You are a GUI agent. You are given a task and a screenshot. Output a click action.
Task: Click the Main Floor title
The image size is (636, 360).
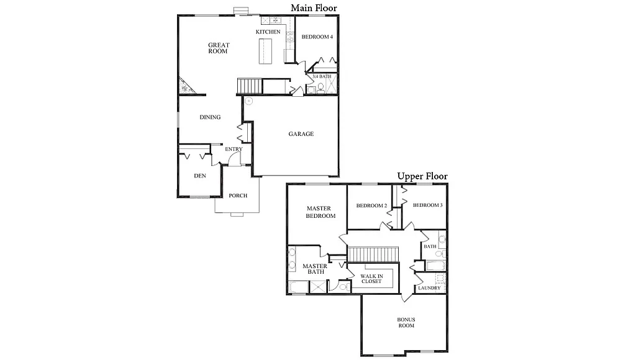click(x=314, y=8)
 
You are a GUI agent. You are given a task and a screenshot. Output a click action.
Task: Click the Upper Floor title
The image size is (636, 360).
click(x=422, y=176)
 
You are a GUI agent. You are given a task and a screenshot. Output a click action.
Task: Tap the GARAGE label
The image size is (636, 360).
click(x=301, y=134)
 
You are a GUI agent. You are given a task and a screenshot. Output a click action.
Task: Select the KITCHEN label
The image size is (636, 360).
click(x=268, y=32)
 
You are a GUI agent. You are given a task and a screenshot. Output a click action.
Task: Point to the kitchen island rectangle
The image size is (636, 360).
click(x=266, y=51)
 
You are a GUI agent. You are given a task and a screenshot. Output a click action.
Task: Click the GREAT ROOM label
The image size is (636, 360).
click(x=219, y=48)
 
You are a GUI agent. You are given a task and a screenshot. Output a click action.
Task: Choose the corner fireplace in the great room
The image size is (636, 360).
click(x=185, y=86)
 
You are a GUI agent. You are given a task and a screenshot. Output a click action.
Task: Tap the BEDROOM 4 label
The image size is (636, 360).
click(x=317, y=37)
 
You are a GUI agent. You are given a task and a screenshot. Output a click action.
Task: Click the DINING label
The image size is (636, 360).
click(x=210, y=117)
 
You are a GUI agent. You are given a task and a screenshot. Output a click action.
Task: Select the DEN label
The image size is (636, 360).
click(x=199, y=176)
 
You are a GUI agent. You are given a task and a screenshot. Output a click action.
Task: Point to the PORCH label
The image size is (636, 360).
click(x=238, y=196)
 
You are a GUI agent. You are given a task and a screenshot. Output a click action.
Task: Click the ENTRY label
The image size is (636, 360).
click(x=234, y=149)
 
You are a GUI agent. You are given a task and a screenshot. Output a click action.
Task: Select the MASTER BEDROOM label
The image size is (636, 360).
click(x=320, y=212)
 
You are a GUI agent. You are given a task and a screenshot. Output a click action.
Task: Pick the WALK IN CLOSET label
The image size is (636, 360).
click(x=371, y=278)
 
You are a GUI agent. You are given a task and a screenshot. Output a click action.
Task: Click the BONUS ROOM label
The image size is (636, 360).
click(x=406, y=322)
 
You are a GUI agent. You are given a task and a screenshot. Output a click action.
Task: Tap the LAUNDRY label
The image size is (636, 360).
click(x=429, y=288)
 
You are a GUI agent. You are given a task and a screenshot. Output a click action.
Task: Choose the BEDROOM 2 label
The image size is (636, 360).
click(x=371, y=206)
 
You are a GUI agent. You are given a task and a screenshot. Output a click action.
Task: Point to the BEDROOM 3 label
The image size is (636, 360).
click(x=427, y=205)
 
